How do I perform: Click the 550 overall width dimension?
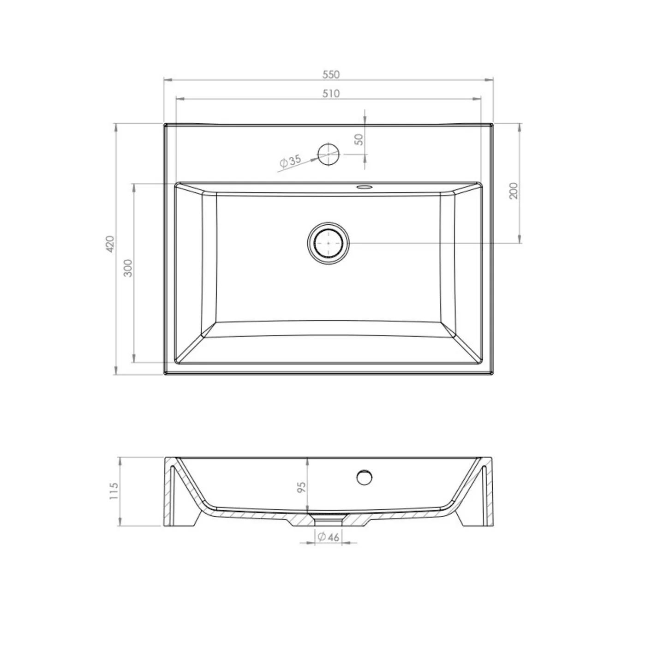(331, 74)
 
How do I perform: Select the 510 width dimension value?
(331, 94)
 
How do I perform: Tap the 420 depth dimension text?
(110, 244)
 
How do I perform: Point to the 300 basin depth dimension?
(128, 268)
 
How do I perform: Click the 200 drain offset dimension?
(513, 191)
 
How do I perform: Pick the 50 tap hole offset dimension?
(359, 139)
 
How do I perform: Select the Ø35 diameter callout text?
(290, 161)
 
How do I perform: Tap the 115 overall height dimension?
(114, 491)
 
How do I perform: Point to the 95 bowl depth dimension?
(301, 487)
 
